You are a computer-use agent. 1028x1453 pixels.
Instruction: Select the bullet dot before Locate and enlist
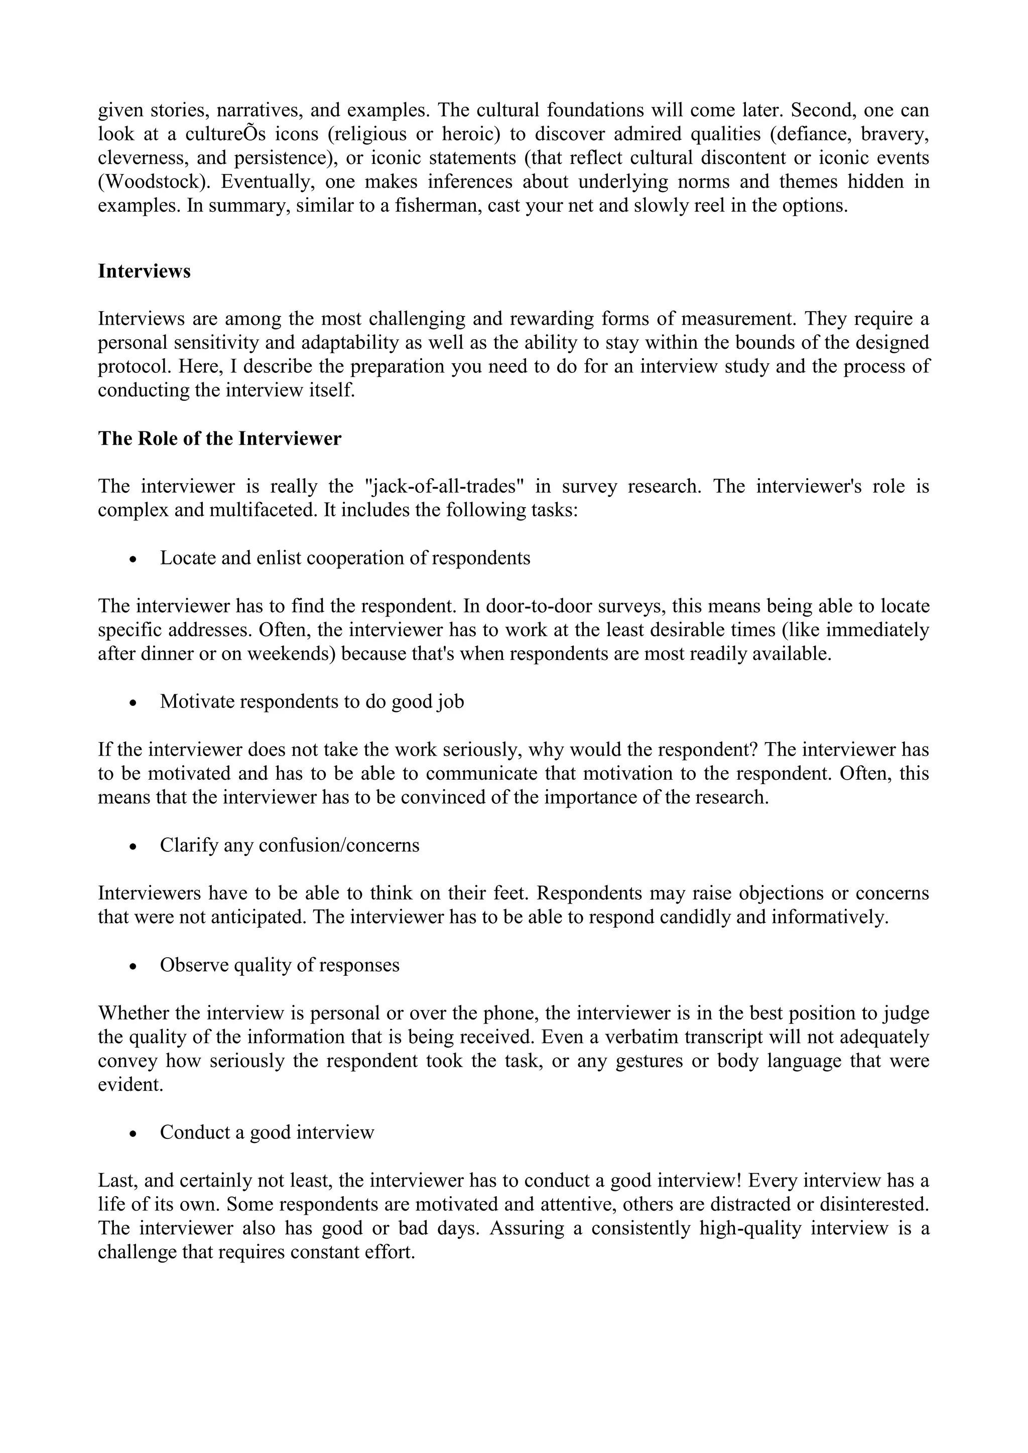133,559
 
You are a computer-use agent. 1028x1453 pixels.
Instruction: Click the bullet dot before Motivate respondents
133,703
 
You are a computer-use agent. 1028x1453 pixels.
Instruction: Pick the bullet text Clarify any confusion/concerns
289,845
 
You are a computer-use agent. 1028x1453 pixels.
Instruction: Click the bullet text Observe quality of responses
279,965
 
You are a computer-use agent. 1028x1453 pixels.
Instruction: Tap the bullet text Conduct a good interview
267,1132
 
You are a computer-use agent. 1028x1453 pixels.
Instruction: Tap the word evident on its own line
131,1085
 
